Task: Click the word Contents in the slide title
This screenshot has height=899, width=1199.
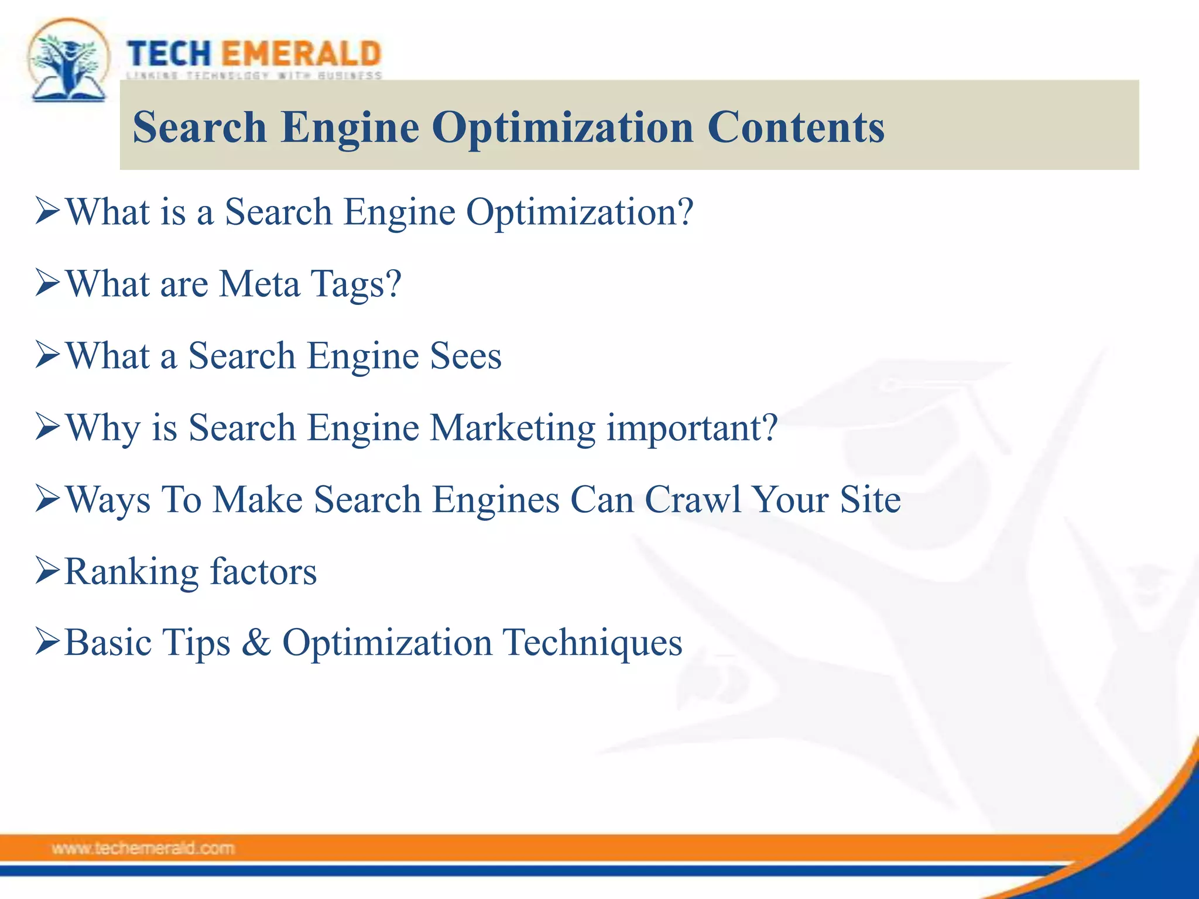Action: point(796,127)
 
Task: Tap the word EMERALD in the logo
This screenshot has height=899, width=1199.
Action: point(302,54)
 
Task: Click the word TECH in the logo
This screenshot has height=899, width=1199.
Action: point(169,54)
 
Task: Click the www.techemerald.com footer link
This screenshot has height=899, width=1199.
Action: point(143,848)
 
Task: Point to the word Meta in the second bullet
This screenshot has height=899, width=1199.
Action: point(259,284)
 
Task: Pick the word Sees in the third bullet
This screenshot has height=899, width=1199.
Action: point(466,356)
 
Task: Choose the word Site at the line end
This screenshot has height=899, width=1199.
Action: point(871,500)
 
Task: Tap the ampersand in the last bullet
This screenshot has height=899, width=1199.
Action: point(256,643)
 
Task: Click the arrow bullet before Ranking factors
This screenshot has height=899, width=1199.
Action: point(47,571)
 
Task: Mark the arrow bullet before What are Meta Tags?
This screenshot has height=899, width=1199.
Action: point(47,283)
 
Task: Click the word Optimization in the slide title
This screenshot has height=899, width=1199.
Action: point(563,128)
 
